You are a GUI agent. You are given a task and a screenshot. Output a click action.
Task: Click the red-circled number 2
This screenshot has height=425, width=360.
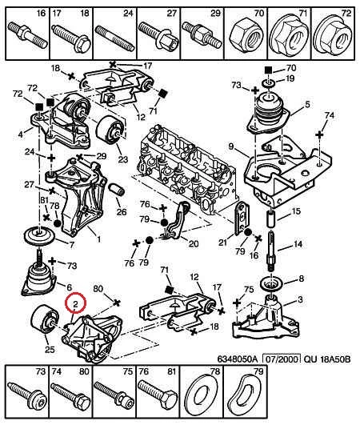click(75, 304)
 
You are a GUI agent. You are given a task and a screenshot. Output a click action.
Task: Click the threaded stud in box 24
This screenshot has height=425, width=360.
click(115, 38)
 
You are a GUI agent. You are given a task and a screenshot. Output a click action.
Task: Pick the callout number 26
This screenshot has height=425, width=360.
click(122, 211)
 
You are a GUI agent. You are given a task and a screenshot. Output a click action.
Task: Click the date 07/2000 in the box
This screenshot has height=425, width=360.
click(282, 359)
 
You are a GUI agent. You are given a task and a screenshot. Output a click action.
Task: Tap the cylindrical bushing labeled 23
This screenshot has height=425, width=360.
click(110, 130)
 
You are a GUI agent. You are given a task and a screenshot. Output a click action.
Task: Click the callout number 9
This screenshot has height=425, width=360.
click(230, 146)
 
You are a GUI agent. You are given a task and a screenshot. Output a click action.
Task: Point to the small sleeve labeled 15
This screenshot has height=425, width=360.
click(271, 219)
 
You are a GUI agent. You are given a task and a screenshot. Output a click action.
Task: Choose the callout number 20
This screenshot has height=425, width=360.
click(193, 243)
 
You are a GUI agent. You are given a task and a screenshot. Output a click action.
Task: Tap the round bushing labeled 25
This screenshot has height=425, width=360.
click(44, 319)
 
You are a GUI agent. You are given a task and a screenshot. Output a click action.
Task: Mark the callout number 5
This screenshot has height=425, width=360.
click(307, 104)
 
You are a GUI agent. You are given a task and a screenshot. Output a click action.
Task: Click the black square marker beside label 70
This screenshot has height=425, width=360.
click(268, 70)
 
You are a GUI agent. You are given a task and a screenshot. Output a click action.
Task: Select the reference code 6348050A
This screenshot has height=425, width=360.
click(237, 359)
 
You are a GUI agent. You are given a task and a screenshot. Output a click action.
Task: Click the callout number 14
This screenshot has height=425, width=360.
click(297, 244)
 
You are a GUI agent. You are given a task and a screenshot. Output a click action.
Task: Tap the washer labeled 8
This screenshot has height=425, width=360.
click(271, 284)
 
